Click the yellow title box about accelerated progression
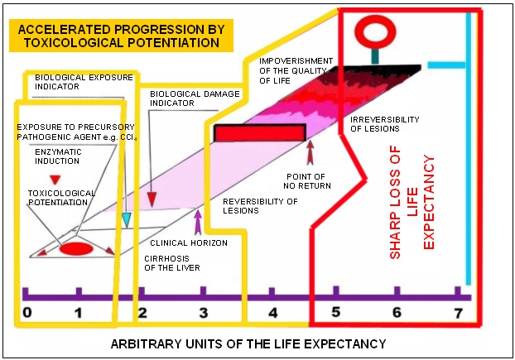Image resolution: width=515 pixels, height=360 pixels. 121,36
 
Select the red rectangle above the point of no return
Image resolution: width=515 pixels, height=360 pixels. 260,133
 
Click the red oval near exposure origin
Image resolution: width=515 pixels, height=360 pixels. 76,249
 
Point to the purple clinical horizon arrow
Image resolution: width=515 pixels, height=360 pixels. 198,223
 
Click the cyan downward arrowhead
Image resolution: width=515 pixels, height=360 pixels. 126,220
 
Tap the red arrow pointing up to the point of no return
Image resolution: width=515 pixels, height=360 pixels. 310,152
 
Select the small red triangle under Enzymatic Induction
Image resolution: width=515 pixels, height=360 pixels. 55,180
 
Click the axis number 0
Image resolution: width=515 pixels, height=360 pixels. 27,312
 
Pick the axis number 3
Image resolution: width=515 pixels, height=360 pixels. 204,313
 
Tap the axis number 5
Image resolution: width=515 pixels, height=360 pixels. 335,312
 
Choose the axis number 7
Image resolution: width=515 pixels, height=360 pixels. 459,313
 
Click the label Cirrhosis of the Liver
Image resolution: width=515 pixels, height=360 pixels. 171,263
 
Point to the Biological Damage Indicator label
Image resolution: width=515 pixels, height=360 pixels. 195,98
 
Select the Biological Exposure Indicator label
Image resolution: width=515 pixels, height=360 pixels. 84,82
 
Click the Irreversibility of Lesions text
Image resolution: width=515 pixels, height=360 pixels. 385,124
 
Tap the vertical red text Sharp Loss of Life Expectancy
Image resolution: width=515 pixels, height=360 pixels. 412,202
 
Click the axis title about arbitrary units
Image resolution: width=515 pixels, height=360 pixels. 248,344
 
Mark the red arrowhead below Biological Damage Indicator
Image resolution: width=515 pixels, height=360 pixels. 152,199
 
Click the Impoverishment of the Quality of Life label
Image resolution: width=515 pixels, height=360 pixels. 296,71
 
